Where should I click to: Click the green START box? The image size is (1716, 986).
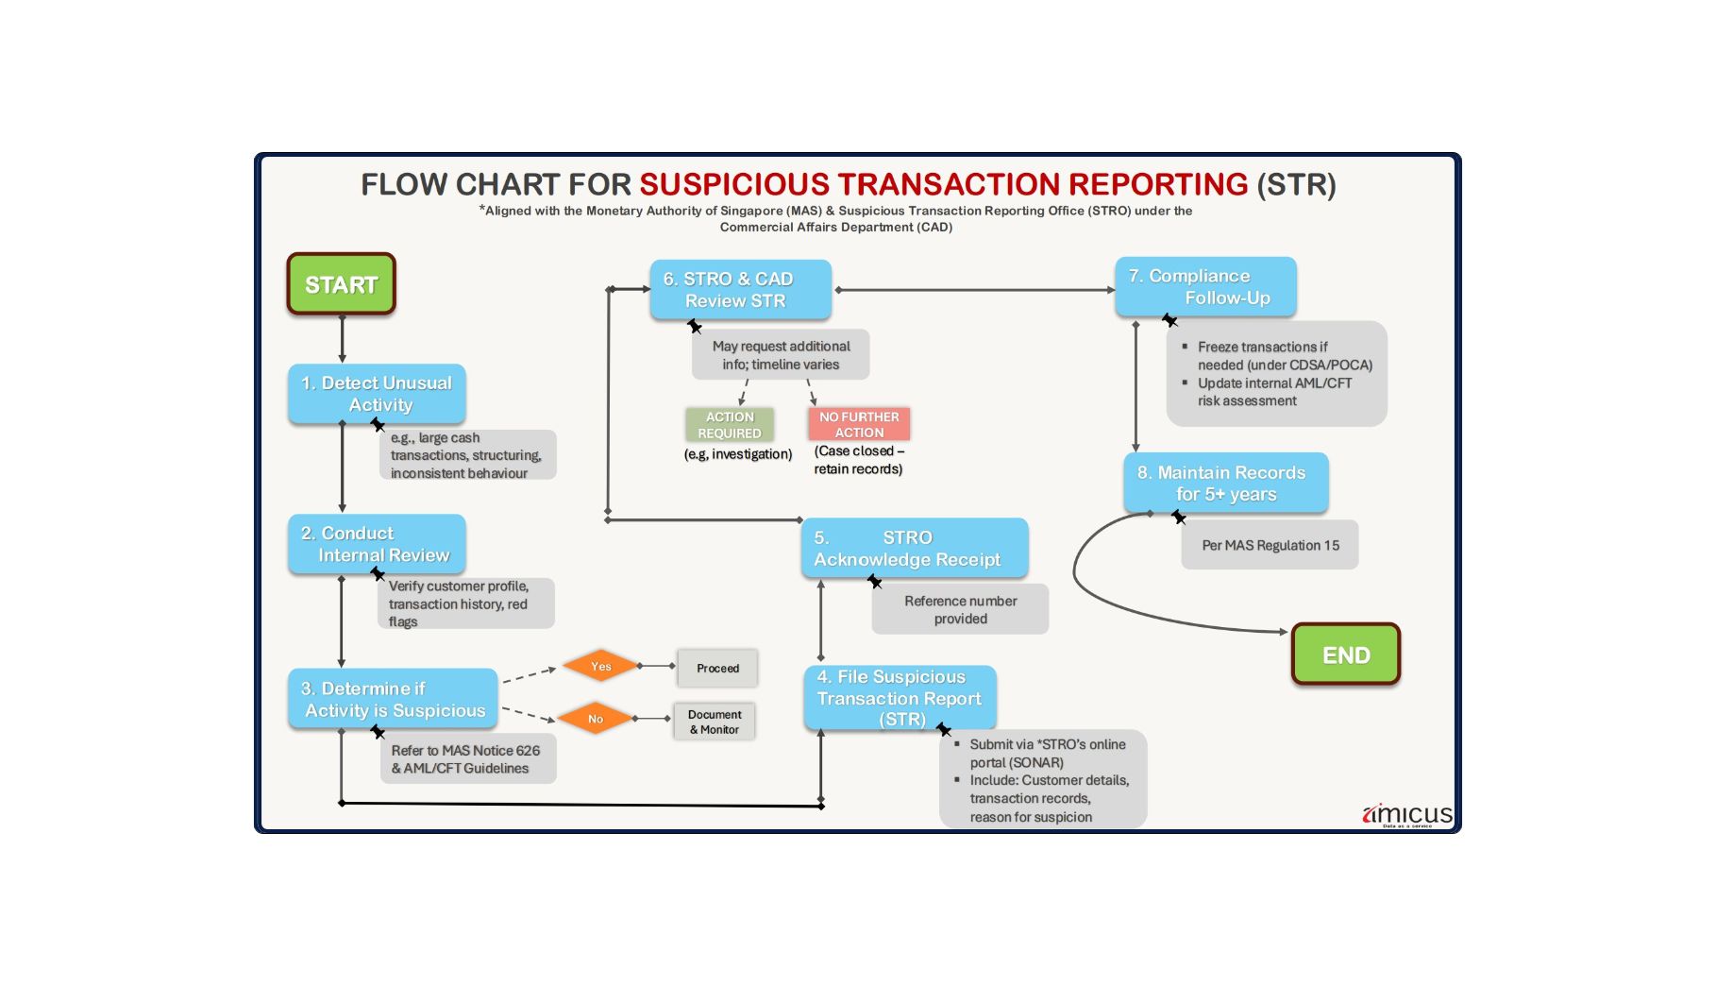click(341, 284)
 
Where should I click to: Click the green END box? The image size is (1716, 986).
click(1345, 654)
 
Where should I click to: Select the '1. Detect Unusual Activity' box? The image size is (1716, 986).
click(377, 394)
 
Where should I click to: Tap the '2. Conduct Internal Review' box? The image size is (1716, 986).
click(377, 544)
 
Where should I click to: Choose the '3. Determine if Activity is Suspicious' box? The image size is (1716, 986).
click(393, 699)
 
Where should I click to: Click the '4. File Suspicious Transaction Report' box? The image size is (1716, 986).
click(900, 698)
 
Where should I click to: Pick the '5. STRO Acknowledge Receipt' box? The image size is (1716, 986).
click(914, 549)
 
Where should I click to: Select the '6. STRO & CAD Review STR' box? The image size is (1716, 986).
click(740, 289)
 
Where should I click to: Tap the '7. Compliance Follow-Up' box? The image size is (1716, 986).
click(1205, 286)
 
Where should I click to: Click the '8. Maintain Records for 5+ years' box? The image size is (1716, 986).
click(1225, 483)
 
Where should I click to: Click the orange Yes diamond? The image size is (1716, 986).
click(601, 666)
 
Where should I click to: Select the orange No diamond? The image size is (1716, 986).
click(596, 719)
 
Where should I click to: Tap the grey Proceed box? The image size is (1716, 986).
click(717, 668)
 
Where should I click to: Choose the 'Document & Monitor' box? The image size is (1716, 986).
click(715, 722)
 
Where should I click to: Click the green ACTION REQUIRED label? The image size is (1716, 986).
click(730, 424)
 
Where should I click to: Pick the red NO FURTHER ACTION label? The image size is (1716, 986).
click(859, 424)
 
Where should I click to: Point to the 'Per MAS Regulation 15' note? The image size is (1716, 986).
click(1270, 545)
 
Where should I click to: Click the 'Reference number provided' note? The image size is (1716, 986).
click(960, 609)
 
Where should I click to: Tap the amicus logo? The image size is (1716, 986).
click(1407, 814)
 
